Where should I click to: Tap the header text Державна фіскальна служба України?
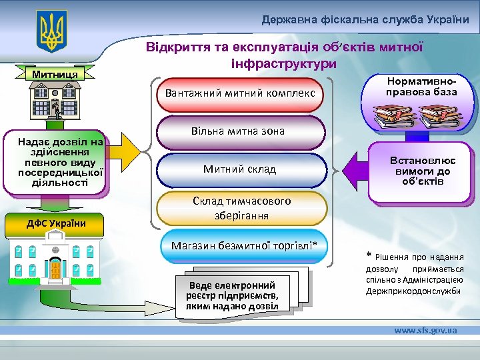pyautogui.click(x=365, y=20)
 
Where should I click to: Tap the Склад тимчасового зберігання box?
pyautogui.click(x=242, y=208)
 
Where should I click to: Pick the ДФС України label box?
pyautogui.click(x=56, y=223)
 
